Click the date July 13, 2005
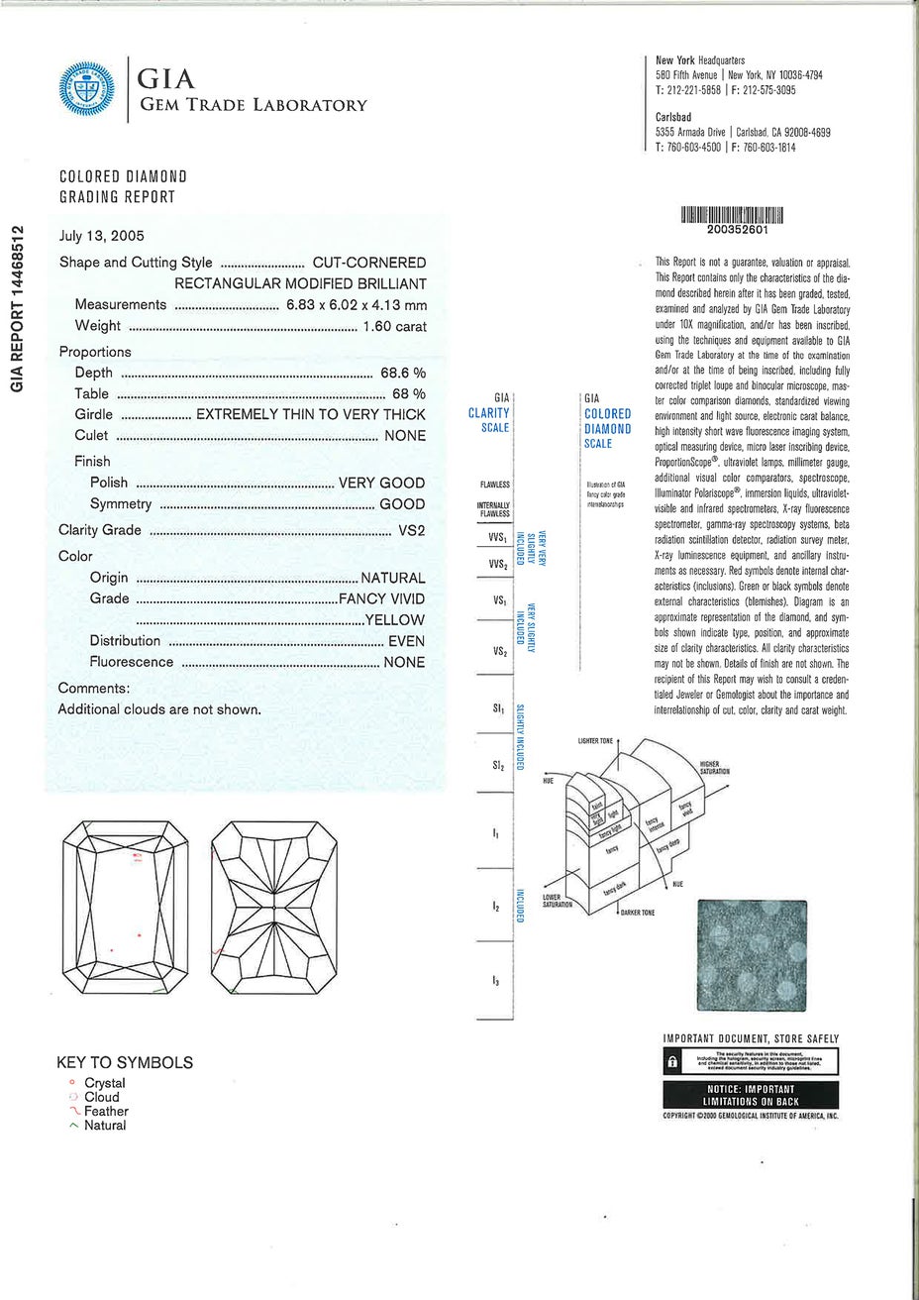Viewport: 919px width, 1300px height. coord(102,236)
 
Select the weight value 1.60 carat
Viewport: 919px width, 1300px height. coord(394,326)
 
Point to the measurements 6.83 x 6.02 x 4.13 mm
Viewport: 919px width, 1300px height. coord(357,305)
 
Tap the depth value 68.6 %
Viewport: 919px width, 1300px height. coord(403,373)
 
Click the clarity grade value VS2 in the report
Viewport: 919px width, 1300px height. coord(411,530)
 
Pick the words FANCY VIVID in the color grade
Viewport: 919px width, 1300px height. coord(382,598)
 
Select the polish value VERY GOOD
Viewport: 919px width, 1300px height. coord(381,483)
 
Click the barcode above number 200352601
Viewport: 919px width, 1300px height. coord(733,215)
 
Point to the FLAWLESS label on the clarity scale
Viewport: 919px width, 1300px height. coord(494,485)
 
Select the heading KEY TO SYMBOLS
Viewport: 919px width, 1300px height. coord(125,1062)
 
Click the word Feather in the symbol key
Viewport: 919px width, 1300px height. coord(106,1111)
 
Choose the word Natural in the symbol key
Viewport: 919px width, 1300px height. coord(105,1125)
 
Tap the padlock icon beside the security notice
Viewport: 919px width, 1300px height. coord(672,1061)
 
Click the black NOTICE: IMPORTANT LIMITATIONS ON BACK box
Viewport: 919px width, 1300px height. coord(749,1095)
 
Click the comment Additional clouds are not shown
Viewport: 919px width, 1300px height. coord(159,709)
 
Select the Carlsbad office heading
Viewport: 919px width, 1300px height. coord(673,117)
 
